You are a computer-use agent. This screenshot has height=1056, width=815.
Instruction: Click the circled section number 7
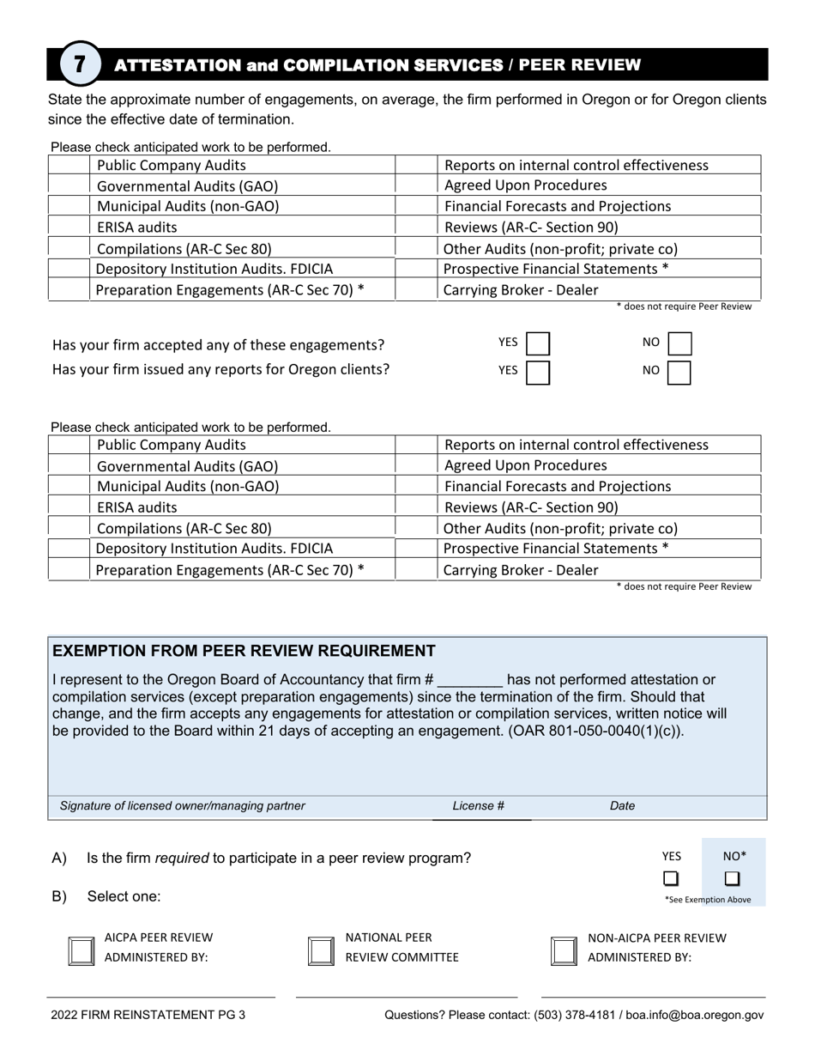click(x=80, y=65)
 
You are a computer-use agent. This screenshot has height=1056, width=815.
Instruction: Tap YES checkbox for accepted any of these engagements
click(x=538, y=345)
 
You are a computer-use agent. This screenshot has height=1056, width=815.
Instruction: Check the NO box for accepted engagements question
click(x=679, y=345)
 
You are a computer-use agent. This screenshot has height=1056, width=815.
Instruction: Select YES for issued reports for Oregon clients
click(x=538, y=373)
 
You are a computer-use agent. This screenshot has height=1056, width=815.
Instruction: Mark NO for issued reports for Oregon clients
click(x=679, y=373)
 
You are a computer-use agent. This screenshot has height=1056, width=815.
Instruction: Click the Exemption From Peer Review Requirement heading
click(x=244, y=651)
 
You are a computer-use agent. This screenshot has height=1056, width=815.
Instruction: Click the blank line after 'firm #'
click(x=470, y=680)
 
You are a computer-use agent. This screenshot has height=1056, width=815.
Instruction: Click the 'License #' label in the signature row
click(x=478, y=806)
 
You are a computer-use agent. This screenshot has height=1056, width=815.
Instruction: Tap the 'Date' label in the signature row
click(x=622, y=806)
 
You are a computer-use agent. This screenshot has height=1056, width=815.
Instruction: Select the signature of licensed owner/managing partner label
click(x=182, y=806)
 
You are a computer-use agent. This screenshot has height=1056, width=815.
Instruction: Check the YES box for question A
click(x=671, y=878)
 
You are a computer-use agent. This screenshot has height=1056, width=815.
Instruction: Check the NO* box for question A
click(x=732, y=878)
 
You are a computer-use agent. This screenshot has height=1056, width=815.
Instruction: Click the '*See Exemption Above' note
click(x=708, y=900)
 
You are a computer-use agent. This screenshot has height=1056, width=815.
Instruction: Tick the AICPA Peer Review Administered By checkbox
click(x=81, y=950)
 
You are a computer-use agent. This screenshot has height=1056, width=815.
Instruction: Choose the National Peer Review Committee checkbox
click(x=321, y=950)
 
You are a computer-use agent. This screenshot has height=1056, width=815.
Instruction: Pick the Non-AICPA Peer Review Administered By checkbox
click(x=563, y=950)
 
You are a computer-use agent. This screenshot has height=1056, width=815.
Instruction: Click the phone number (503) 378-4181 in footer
click(x=570, y=1015)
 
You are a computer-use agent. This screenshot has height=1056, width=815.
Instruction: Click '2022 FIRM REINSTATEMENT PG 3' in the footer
click(x=148, y=1015)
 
